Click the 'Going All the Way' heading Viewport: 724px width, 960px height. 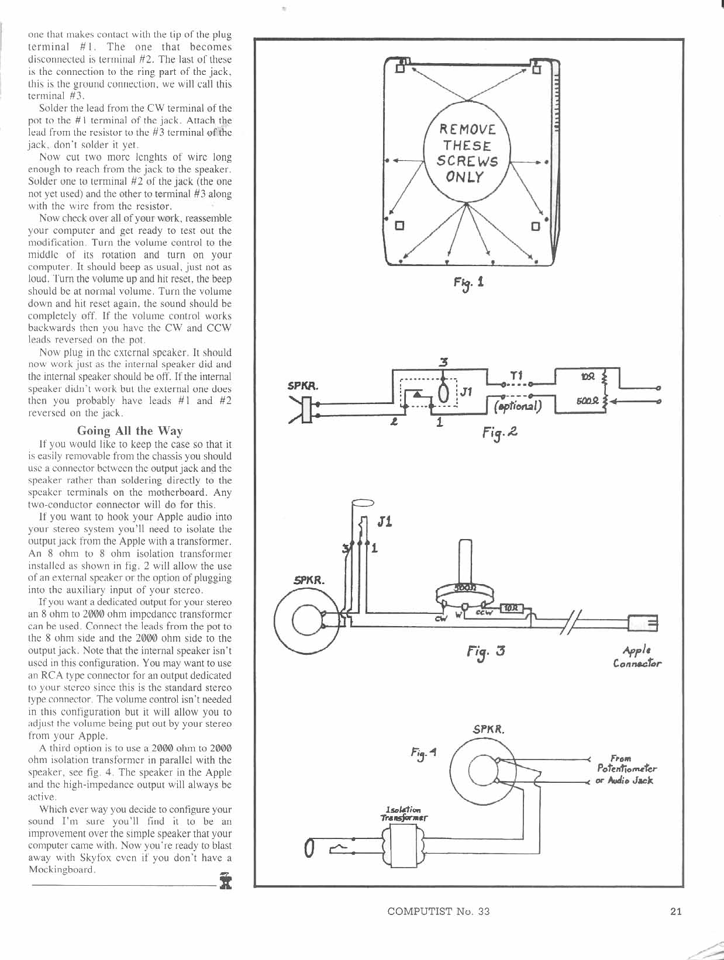(130, 431)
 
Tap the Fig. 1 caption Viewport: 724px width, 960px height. (468, 283)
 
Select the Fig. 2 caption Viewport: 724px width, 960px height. (500, 433)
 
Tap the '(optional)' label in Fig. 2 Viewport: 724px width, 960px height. (518, 406)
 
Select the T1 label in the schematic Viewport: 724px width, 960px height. (516, 376)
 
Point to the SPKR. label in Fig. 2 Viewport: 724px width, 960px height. (303, 386)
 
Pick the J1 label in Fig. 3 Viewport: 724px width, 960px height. (385, 522)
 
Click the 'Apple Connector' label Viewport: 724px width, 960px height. (637, 657)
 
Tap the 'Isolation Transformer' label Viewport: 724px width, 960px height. (404, 813)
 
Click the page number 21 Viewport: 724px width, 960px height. (675, 911)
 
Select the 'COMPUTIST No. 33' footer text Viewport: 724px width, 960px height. (439, 911)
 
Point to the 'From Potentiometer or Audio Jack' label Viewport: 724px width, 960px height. (626, 769)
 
